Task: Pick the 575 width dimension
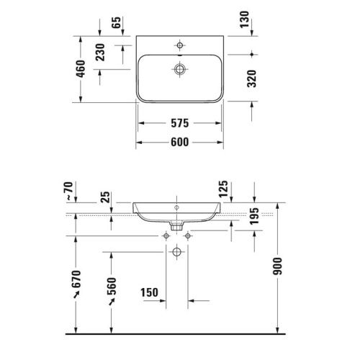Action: point(180,122)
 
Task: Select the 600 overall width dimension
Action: point(180,142)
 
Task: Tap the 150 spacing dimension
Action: point(149,293)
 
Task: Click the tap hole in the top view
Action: point(178,43)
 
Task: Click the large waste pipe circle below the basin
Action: point(178,252)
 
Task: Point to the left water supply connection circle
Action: point(167,235)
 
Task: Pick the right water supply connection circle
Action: point(189,235)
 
